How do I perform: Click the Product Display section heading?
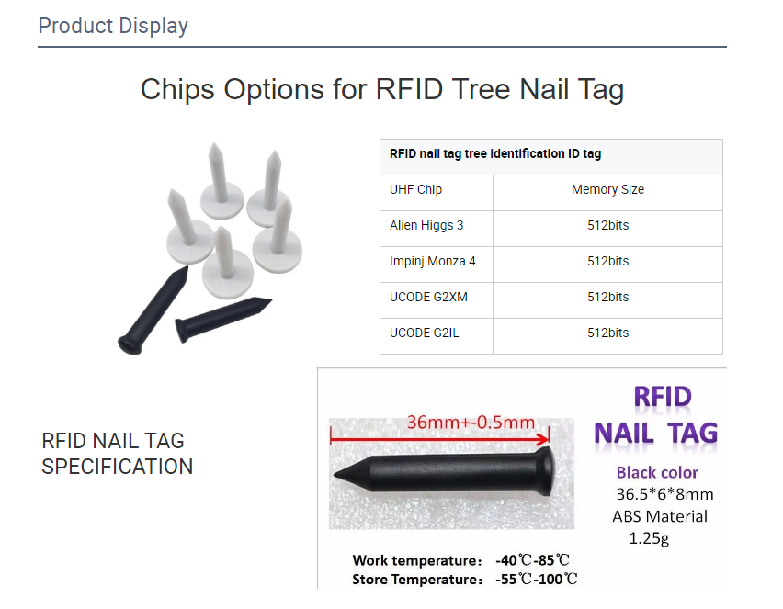tap(113, 26)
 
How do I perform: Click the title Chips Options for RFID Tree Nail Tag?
tap(381, 89)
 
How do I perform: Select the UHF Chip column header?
tap(416, 189)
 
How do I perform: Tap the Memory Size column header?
tap(607, 189)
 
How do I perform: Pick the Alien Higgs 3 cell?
tap(426, 225)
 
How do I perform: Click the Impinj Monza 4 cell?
tap(433, 261)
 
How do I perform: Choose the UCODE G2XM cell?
tap(429, 297)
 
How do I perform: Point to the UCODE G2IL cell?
tap(425, 333)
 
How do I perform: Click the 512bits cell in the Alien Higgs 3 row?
tap(607, 225)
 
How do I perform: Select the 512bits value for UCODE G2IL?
tap(607, 333)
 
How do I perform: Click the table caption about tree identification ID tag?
tap(495, 154)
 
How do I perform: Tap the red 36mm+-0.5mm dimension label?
tap(471, 423)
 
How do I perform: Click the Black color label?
tap(657, 473)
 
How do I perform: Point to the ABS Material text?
tap(660, 516)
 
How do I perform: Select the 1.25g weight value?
tap(649, 538)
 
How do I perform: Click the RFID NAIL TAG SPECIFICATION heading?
tap(118, 454)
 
